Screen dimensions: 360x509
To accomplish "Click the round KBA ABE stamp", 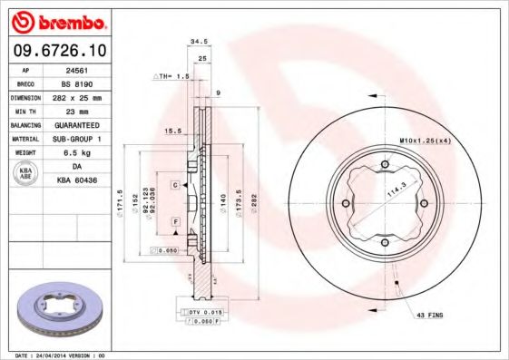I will click(25, 172).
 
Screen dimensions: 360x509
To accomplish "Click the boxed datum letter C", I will click(172, 184).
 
